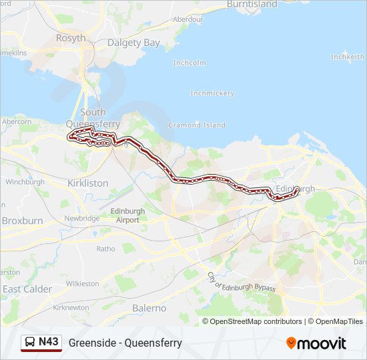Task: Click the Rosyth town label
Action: pyautogui.click(x=71, y=38)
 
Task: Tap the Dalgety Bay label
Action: pyautogui.click(x=133, y=43)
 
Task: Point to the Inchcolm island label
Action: pyautogui.click(x=189, y=63)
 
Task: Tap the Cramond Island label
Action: pyautogui.click(x=197, y=125)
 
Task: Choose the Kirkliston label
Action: pyautogui.click(x=88, y=182)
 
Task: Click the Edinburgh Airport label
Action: pyautogui.click(x=126, y=215)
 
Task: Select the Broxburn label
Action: pyautogui.click(x=22, y=220)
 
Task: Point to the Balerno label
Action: pyautogui.click(x=148, y=308)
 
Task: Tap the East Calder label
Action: pyautogui.click(x=27, y=289)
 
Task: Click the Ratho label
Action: pyautogui.click(x=105, y=249)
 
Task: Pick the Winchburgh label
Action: pyautogui.click(x=25, y=181)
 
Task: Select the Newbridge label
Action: pyautogui.click(x=82, y=218)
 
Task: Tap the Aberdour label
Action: pyautogui.click(x=188, y=19)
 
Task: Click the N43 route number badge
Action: pyautogui.click(x=41, y=342)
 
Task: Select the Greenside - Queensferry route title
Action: pyautogui.click(x=125, y=343)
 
